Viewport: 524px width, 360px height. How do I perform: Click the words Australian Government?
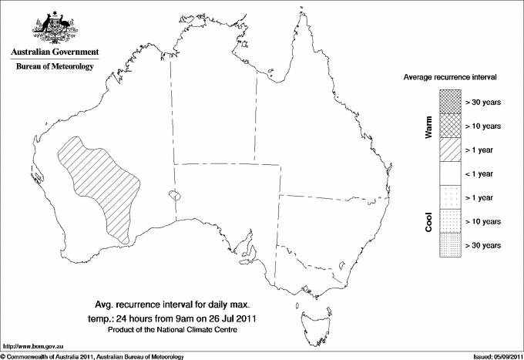pos(54,52)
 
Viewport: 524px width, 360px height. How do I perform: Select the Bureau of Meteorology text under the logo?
pos(54,66)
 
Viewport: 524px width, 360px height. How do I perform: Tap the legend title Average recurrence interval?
pos(451,78)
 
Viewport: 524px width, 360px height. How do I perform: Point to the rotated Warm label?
pos(428,126)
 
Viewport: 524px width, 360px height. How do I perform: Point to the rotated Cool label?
pos(428,222)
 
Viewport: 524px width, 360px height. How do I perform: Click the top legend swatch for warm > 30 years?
pos(449,101)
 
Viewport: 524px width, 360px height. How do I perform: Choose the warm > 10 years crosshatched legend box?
pos(449,126)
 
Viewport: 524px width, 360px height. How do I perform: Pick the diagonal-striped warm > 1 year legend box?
pos(449,150)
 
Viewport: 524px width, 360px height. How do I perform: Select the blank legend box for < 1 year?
pos(449,173)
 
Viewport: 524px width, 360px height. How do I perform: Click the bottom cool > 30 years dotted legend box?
pos(449,245)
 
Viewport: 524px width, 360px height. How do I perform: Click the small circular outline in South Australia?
pos(176,196)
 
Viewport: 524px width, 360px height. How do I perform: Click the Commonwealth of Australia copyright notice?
pos(92,356)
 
